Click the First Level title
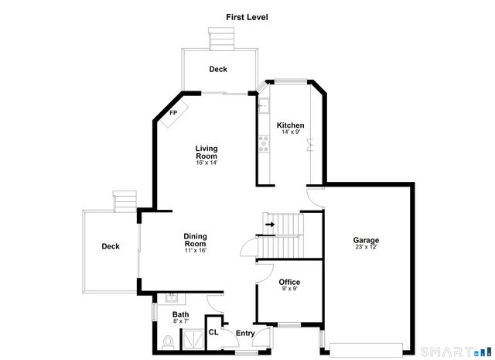coord(247,16)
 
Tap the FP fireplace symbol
coord(175,113)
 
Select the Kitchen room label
coord(291,125)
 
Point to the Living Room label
coord(207,152)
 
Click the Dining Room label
coord(194,240)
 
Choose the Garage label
coord(367,240)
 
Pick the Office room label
coord(289,283)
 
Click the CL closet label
coord(213,332)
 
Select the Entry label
coord(245,334)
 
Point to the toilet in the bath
coord(169,341)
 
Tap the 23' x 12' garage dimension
coord(367,248)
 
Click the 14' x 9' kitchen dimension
coord(291,132)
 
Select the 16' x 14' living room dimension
coord(207,163)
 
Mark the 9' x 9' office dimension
coord(289,290)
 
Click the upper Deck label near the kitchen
coord(218,70)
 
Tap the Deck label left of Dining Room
coord(111,247)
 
